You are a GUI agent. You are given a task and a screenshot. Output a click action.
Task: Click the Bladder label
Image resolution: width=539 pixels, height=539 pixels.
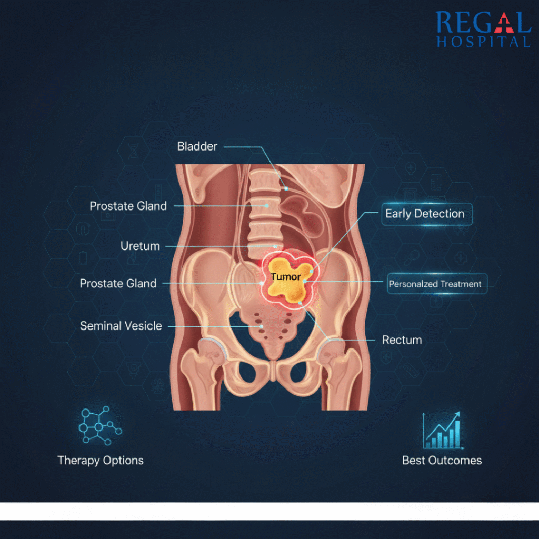197,146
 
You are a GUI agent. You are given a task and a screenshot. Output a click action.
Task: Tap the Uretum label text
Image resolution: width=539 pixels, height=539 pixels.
140,246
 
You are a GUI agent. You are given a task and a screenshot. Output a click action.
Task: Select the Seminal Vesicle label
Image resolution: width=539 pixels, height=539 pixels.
121,325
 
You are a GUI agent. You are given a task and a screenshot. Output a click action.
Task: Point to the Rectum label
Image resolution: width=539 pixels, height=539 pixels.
402,340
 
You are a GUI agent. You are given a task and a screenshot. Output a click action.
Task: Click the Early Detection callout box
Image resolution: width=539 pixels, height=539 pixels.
427,214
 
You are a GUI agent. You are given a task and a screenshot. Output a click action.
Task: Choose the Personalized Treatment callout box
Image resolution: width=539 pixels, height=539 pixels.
437,284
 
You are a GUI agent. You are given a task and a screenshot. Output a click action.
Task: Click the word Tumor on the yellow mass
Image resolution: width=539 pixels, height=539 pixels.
285,277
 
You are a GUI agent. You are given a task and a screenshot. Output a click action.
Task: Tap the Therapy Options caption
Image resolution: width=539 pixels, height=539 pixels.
101,460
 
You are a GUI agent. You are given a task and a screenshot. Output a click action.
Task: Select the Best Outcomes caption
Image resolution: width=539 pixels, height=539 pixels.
442,460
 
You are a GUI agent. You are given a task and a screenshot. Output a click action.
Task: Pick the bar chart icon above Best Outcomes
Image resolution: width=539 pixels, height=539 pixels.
443,431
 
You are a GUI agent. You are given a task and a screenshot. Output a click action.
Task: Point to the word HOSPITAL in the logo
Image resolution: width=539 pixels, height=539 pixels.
483,42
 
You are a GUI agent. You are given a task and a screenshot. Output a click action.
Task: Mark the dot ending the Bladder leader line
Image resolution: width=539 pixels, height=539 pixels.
286,189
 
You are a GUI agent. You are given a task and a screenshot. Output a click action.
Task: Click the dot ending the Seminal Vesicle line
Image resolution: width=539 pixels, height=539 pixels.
261,326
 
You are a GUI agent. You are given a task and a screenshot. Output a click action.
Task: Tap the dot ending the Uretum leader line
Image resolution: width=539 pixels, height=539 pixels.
275,246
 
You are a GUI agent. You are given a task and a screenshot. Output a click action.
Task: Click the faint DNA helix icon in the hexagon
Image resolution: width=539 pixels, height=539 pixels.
133,151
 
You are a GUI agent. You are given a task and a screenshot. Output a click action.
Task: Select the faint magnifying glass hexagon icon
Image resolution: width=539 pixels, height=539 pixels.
412,257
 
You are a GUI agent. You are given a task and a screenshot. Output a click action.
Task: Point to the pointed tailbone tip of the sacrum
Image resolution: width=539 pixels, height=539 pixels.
273,357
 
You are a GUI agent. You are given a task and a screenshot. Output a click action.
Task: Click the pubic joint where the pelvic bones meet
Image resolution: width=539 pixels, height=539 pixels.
273,371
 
